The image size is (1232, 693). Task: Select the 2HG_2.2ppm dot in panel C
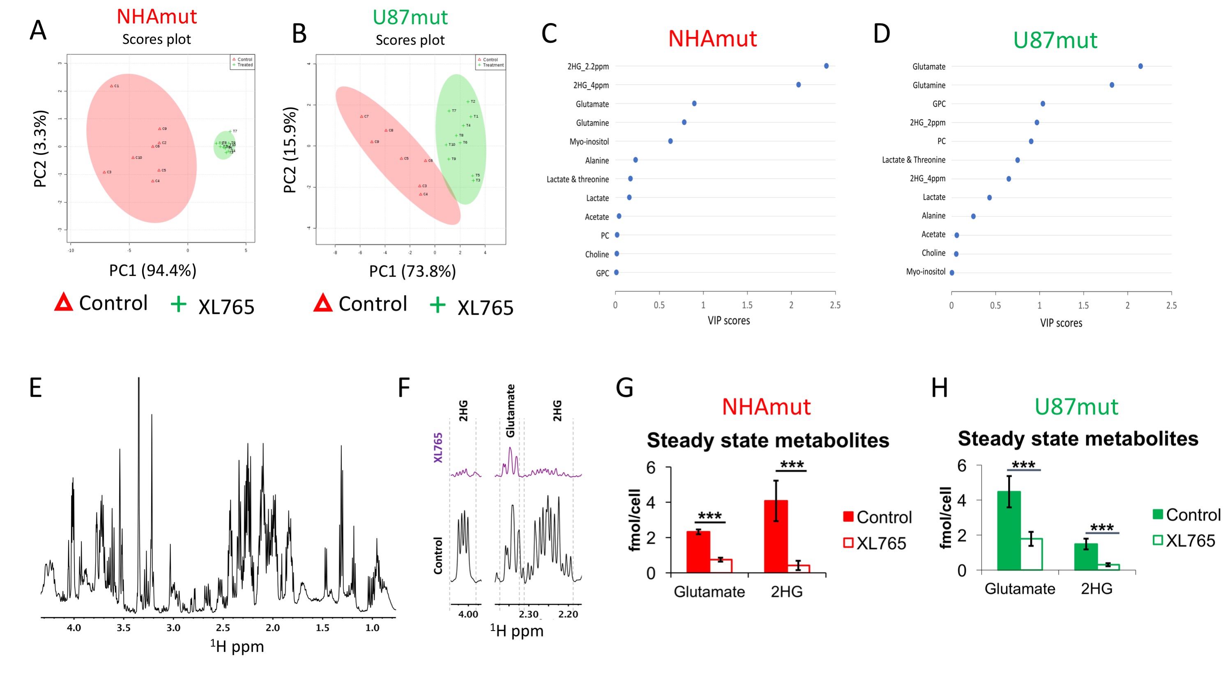826,66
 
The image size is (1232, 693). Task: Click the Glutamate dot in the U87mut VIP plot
1140,66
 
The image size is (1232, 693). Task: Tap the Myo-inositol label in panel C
589,142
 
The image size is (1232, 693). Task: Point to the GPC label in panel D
938,104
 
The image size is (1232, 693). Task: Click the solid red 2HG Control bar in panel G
776,536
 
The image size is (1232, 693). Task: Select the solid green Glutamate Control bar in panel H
1009,530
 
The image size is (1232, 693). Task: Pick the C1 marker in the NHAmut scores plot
111,86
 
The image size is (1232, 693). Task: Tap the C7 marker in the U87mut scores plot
362,117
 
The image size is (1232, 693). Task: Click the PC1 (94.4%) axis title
152,271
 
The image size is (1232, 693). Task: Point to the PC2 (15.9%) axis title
290,150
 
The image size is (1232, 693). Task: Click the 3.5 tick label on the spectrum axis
123,627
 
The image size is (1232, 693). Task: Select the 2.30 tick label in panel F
528,614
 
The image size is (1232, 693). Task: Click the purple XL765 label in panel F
438,448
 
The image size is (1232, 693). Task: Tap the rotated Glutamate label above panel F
511,411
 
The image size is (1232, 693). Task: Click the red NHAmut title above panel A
157,17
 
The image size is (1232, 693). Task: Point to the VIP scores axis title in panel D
1061,323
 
